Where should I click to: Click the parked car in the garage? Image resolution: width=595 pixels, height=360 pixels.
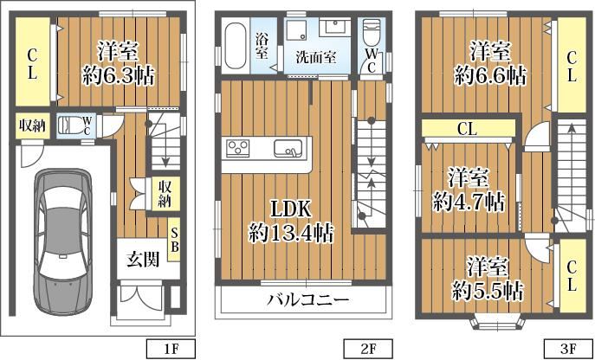pos(63,243)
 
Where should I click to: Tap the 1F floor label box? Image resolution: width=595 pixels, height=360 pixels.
pos(171,349)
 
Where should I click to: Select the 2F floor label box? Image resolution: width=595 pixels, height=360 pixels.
pos(368,349)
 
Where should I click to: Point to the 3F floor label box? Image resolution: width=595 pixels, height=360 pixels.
pos(568,349)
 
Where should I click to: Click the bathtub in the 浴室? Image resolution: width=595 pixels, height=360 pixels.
pos(235,46)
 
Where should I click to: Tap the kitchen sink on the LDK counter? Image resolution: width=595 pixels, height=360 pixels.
pos(288,148)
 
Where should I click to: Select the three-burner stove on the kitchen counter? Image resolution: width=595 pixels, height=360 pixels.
pos(238,148)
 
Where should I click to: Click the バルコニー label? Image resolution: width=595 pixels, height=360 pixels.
pos(307,301)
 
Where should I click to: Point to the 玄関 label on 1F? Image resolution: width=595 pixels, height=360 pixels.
pos(143,260)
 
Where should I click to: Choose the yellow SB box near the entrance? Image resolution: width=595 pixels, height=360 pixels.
pos(174,240)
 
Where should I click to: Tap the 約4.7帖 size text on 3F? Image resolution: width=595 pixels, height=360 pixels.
pos(469,202)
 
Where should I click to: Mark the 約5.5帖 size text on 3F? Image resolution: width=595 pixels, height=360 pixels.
pos(488,291)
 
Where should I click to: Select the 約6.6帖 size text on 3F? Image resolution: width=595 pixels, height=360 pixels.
pos(490,76)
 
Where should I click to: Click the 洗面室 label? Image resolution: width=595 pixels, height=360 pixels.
pos(316,58)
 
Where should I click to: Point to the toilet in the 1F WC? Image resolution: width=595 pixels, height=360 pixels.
pos(69,125)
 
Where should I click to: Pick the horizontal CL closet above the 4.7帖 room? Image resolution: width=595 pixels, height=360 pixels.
pos(469,128)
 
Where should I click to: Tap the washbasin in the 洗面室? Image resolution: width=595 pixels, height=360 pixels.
pos(335,28)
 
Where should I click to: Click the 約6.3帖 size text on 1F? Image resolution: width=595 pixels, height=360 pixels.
pos(119,77)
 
